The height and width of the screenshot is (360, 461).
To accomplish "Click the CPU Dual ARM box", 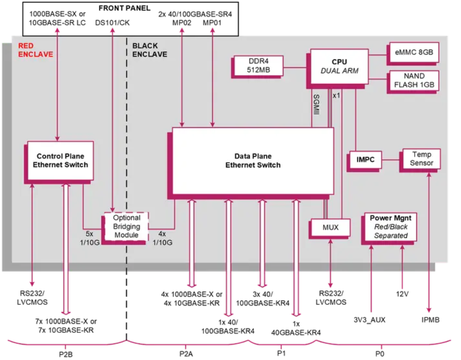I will (x=339, y=67).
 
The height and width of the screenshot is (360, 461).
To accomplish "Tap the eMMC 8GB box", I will (x=413, y=52).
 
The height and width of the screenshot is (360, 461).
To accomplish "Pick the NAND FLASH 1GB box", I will (x=413, y=80).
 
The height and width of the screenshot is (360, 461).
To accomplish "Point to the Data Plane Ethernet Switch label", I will (x=252, y=161).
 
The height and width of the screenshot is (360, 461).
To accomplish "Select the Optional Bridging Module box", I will (x=126, y=227).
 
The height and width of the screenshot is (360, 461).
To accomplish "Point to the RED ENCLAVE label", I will (x=32, y=50).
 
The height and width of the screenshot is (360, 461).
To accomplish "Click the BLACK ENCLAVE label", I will (x=149, y=50).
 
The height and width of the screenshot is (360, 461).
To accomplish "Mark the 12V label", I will (x=401, y=294).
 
